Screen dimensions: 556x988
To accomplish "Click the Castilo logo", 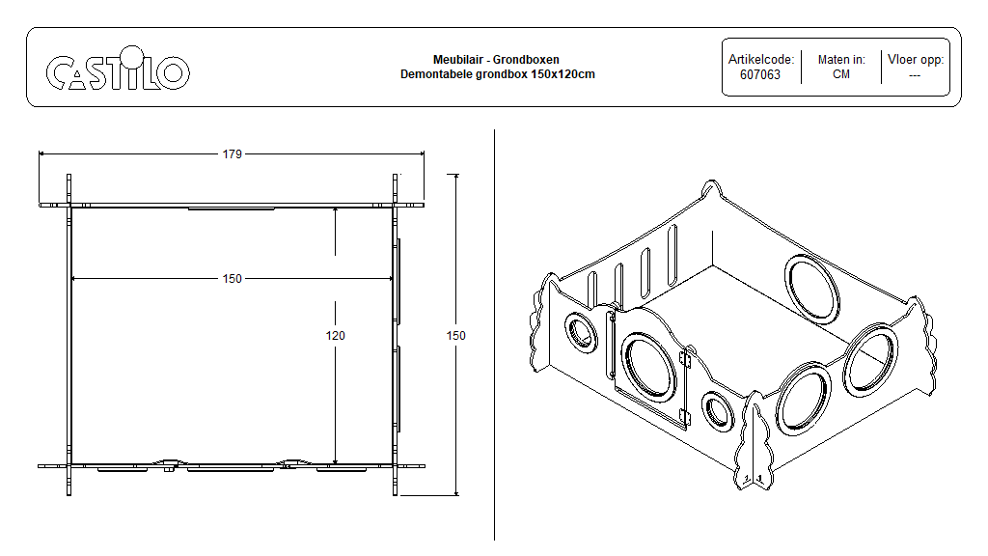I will point(118,70).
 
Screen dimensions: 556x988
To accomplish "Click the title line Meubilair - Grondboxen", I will point(496,60).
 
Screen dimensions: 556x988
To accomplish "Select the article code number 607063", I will point(760,74).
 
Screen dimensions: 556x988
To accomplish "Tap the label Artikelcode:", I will point(761,60).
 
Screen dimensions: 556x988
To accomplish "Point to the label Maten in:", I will point(841,60).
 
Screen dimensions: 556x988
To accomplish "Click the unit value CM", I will point(841,74).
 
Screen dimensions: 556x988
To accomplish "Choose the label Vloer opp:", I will point(916,60).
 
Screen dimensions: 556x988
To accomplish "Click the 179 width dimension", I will point(232,153).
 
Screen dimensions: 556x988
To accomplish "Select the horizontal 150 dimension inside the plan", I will point(233,279).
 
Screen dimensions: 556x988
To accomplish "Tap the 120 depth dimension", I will point(335,336).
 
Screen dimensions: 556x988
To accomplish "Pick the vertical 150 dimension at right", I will point(456,336).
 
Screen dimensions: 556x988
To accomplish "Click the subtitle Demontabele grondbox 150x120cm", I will point(497,74).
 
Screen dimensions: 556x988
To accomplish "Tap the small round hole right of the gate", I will point(717,410).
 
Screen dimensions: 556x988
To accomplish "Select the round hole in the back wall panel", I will point(810,285).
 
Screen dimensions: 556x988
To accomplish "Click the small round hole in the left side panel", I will point(582,332).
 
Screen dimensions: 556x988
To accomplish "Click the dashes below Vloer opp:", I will point(915,74).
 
